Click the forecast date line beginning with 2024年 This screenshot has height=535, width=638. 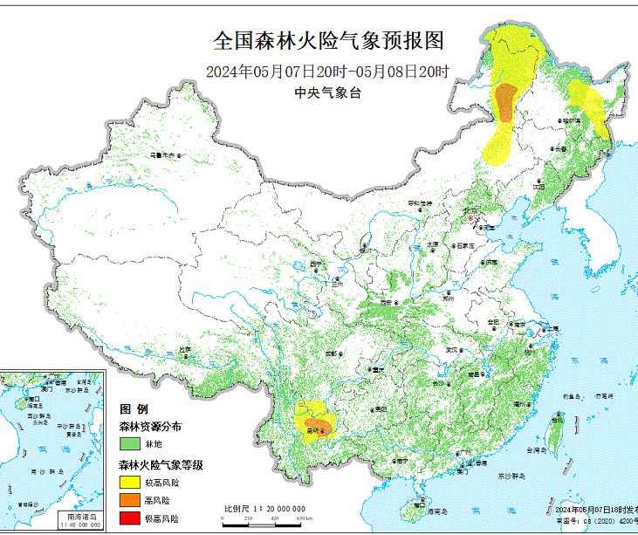click(329, 72)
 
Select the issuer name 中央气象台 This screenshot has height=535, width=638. click(329, 93)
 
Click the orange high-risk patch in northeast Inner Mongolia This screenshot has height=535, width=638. click(505, 100)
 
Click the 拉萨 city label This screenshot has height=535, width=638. click(184, 349)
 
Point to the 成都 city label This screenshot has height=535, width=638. click(331, 354)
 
